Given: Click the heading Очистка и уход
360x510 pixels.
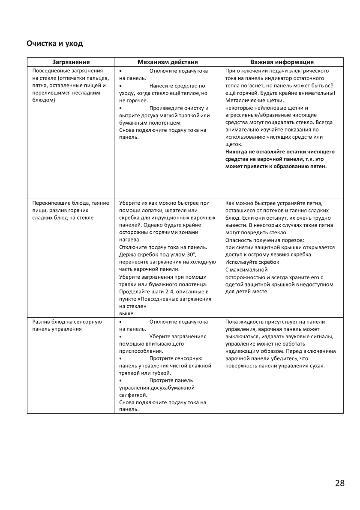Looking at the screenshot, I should coord(54,44).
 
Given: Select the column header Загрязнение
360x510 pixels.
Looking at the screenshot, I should coord(71,62).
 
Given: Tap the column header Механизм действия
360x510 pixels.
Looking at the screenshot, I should coord(167,62).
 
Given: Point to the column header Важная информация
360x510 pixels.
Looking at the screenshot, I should coord(282,62).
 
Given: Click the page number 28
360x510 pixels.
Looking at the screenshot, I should coord(339,483).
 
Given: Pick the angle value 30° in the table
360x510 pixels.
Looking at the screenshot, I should coord(191,255).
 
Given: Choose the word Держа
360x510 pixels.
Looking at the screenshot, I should coord(126,255).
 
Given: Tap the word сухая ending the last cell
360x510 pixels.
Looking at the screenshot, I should coord(316,366).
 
